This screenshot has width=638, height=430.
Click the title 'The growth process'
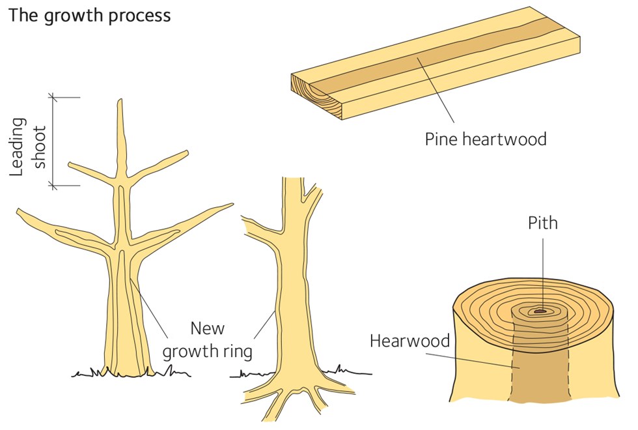(89, 15)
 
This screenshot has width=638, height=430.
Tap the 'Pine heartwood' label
(485, 139)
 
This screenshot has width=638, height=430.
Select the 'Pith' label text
(542, 223)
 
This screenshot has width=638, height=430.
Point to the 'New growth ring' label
(207, 339)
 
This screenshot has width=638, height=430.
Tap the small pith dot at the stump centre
(540, 311)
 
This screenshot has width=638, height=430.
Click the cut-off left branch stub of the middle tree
(247, 222)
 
